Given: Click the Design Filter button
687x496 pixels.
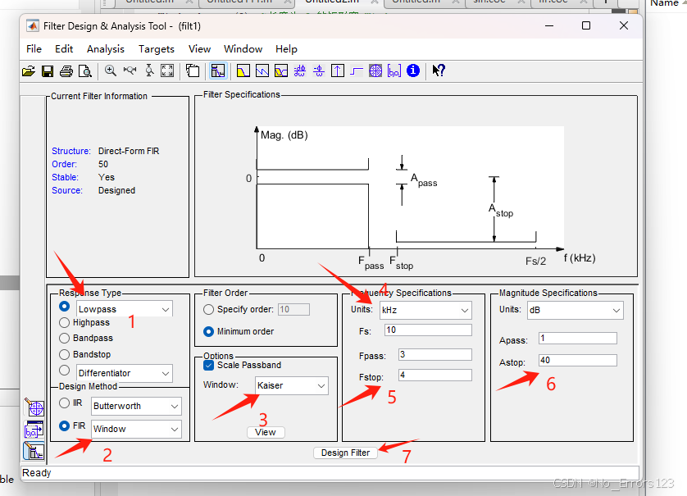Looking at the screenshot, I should click(345, 453).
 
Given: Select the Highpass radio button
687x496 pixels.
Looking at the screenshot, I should click(65, 323).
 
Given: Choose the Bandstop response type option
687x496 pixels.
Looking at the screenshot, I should click(65, 354).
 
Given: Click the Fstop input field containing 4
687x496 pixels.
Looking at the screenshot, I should click(434, 375).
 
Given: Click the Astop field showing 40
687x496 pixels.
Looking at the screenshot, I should click(577, 361).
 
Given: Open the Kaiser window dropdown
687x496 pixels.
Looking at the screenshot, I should click(291, 385).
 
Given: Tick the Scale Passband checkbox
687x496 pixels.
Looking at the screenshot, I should click(208, 365).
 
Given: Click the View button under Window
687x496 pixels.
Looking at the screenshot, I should click(266, 432).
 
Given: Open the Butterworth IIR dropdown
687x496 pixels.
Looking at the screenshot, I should click(135, 406).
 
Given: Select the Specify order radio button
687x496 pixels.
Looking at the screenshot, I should click(208, 310).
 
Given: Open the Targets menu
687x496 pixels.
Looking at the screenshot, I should click(156, 49).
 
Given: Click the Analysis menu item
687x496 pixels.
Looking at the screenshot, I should click(106, 49).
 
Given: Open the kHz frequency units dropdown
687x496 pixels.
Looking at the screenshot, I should click(425, 310).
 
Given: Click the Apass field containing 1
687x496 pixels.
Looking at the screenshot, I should click(577, 339).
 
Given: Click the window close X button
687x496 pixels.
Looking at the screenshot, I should click(624, 25).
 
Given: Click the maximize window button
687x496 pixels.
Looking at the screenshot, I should click(585, 25).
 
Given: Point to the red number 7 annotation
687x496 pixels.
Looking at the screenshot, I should click(407, 457).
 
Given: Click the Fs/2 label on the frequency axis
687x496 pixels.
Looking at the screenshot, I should click(535, 261).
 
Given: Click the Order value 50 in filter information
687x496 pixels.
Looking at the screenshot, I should click(104, 164).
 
